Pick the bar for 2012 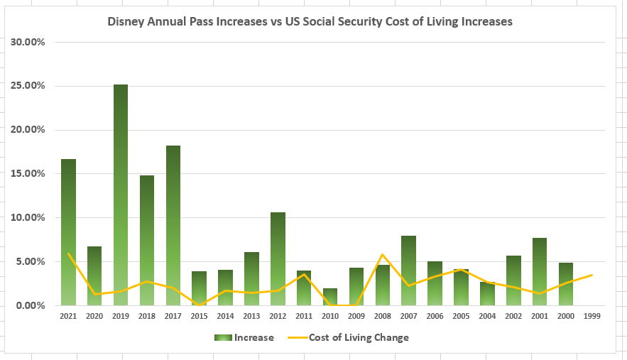(278, 259)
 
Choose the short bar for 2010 (329, 297)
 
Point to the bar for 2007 (408, 271)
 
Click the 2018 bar (147, 241)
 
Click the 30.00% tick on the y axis (28, 42)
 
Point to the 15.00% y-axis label (28, 174)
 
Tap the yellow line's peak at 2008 (382, 254)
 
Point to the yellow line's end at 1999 (591, 275)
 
